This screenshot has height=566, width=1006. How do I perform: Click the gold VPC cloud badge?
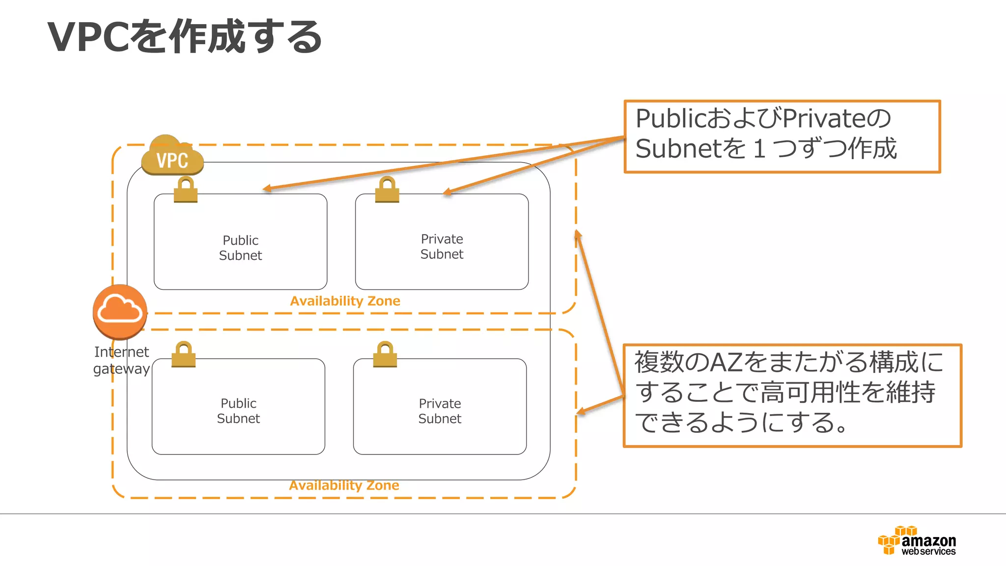(x=172, y=156)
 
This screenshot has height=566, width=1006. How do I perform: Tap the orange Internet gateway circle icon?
(x=120, y=311)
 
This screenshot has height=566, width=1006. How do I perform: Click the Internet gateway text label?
(x=121, y=360)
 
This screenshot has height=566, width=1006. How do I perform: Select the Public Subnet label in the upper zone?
(x=240, y=248)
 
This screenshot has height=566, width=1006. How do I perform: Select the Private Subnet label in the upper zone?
(x=442, y=247)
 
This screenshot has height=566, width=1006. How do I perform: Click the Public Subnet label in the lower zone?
(x=238, y=411)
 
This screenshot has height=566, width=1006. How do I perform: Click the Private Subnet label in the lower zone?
(x=440, y=411)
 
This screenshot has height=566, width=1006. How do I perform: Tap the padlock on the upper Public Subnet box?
(x=186, y=190)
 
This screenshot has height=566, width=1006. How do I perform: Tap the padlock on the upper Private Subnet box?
(x=387, y=190)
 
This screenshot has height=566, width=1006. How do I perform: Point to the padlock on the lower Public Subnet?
(x=184, y=355)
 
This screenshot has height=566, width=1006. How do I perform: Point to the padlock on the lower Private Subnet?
(x=385, y=355)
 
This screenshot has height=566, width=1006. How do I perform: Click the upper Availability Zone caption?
(x=345, y=301)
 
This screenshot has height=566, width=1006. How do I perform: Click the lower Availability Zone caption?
(x=344, y=485)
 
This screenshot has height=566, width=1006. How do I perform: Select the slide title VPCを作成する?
(x=185, y=36)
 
